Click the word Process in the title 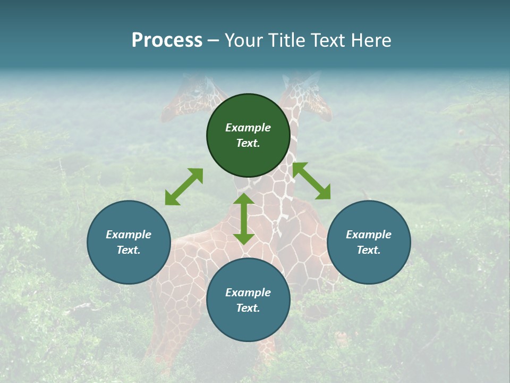(167, 40)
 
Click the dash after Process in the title (214, 41)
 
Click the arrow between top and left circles (184, 187)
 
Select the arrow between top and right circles (311, 181)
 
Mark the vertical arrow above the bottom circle (244, 219)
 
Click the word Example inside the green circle (248, 128)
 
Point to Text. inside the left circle (129, 250)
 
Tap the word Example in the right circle (369, 235)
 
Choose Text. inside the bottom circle (248, 308)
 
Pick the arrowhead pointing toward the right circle (323, 193)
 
